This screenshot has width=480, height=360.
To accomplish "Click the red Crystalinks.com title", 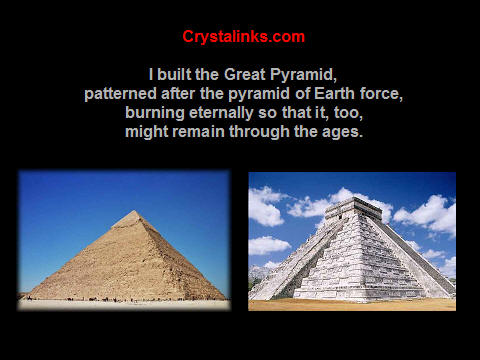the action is click(243, 37).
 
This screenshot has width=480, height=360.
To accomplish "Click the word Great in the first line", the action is click(245, 74).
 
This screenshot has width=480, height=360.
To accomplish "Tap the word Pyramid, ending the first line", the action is click(303, 75).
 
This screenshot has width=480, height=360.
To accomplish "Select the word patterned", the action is click(120, 94).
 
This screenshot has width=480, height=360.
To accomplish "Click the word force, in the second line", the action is click(381, 94).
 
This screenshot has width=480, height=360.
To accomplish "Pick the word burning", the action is click(155, 113).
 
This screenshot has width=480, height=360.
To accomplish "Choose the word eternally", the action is click(221, 113).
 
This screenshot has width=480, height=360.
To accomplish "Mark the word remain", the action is click(198, 132).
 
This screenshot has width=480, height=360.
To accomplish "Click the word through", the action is click(259, 132).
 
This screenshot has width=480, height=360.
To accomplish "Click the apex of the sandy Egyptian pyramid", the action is click(134, 211).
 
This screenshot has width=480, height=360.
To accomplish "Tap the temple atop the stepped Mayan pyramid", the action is click(354, 209).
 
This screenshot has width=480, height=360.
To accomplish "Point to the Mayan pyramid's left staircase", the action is click(298, 259).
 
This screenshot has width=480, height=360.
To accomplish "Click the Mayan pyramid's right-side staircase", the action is click(412, 253).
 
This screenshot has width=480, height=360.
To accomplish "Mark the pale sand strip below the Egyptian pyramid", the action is click(124, 304).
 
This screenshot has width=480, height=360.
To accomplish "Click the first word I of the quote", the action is click(151, 74).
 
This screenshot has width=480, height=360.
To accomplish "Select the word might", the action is click(146, 132).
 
